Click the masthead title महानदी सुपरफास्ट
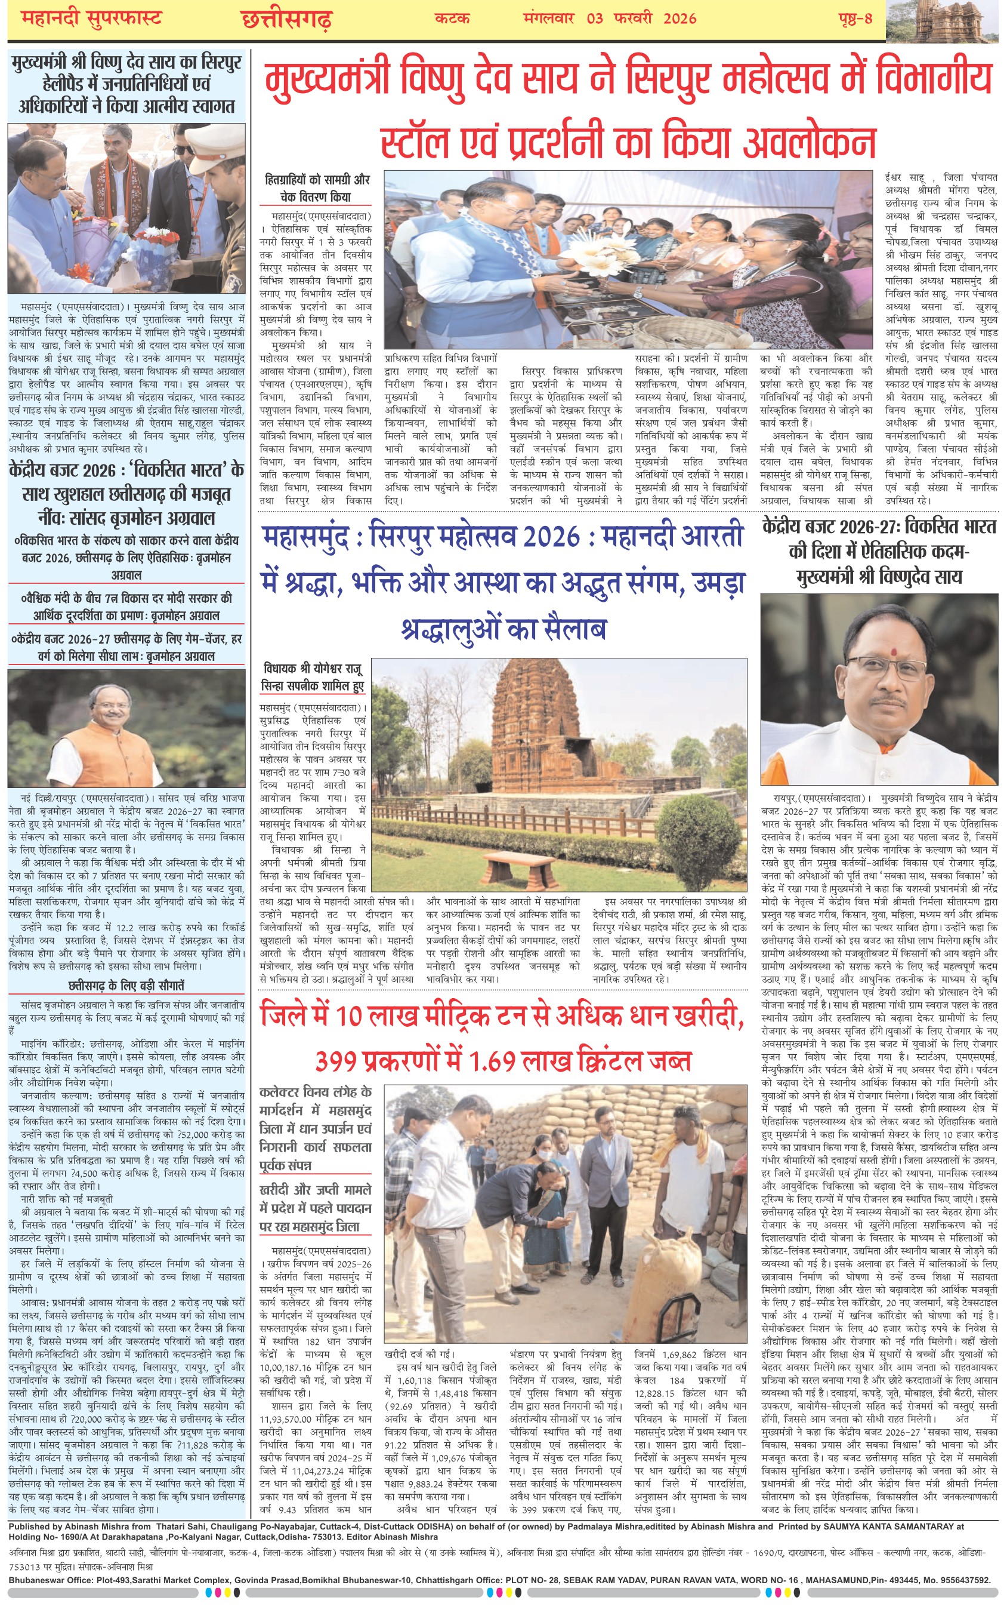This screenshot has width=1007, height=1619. click(91, 18)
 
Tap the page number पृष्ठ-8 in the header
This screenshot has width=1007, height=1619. click(856, 18)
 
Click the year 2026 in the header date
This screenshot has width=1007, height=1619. click(679, 18)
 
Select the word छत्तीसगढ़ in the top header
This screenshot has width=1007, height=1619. click(286, 19)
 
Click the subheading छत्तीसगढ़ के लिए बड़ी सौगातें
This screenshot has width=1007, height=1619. click(126, 985)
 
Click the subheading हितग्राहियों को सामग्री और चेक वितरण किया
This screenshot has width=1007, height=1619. click(316, 188)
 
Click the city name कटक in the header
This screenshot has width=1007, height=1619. click(452, 18)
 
